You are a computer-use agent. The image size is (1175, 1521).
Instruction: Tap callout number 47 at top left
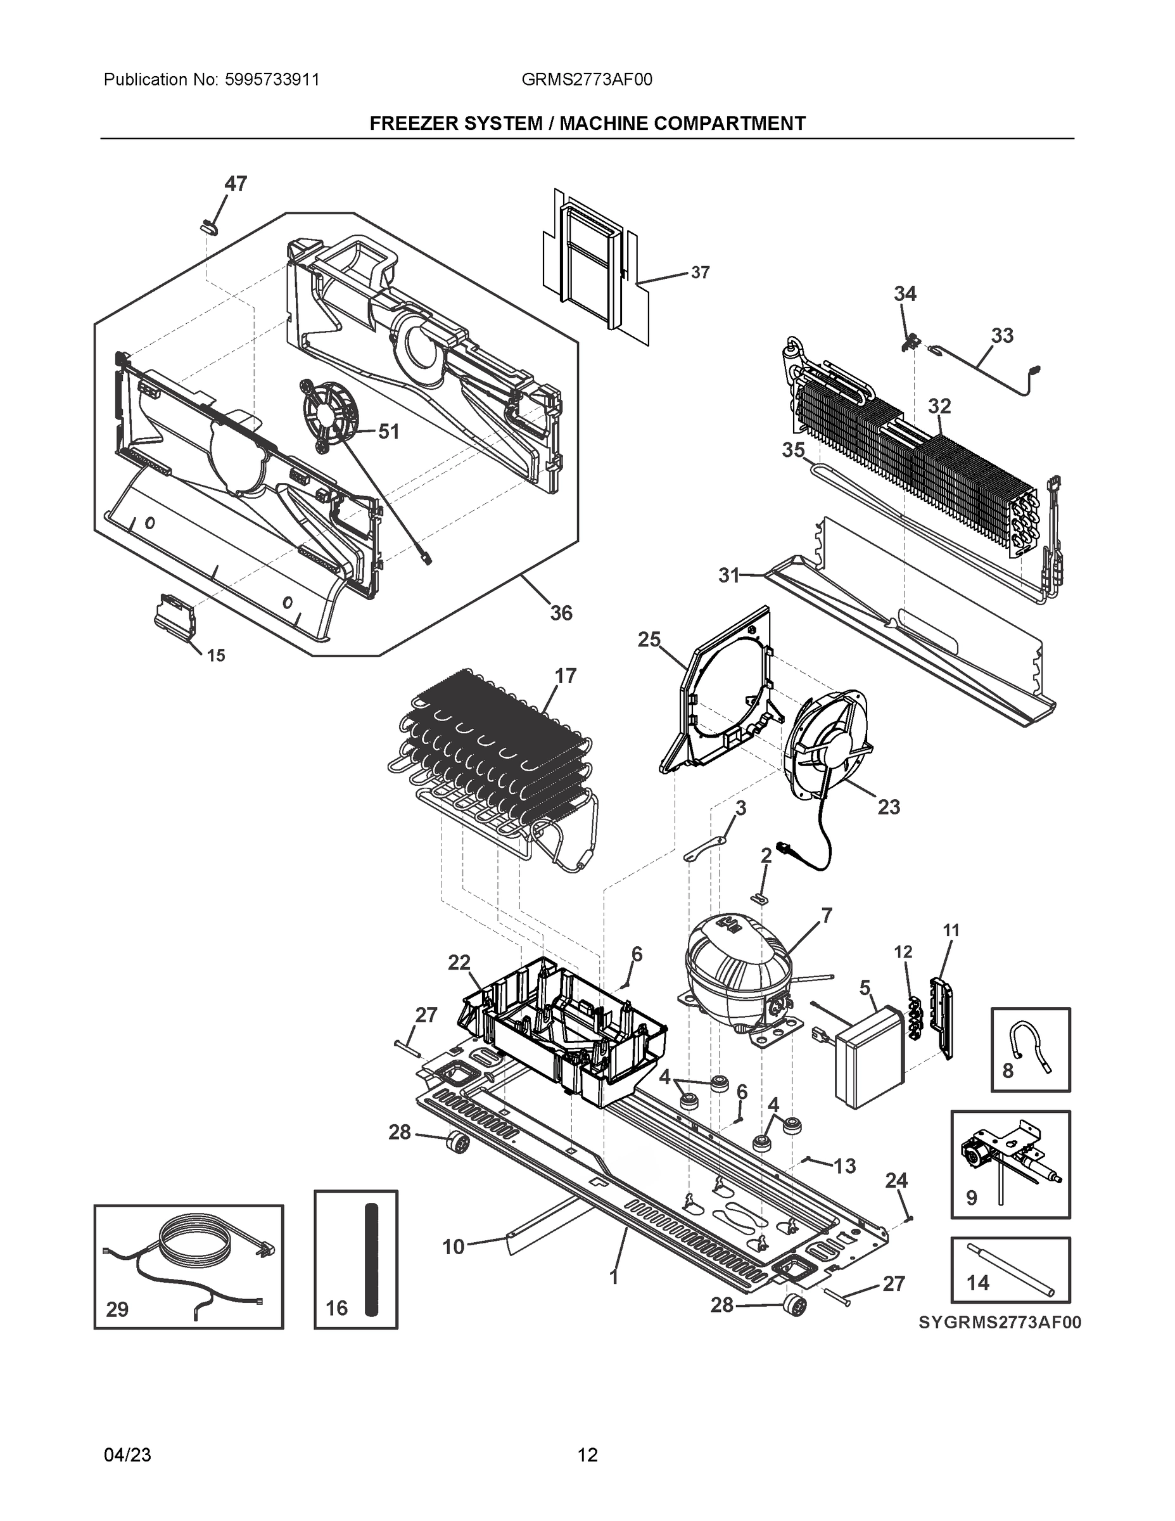click(x=235, y=184)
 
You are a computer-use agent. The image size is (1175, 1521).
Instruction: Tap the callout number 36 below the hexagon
click(x=561, y=613)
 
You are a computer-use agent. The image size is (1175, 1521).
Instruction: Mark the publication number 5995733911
click(x=272, y=80)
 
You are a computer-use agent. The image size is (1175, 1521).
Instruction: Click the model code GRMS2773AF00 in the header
click(x=587, y=80)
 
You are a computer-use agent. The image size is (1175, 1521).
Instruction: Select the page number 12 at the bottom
click(x=588, y=1455)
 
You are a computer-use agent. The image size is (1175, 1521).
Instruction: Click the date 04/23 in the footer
click(x=127, y=1455)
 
